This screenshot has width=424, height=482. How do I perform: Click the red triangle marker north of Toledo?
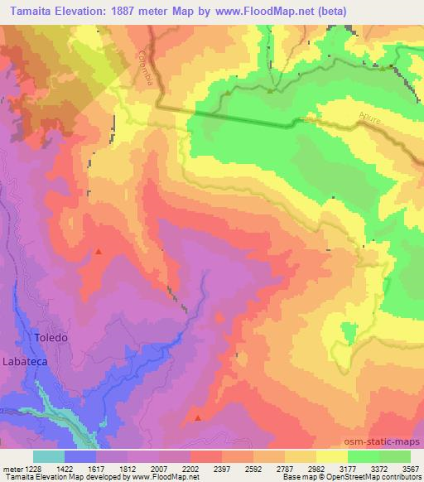click(x=99, y=251)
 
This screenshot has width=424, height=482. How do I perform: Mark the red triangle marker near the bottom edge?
click(x=197, y=417)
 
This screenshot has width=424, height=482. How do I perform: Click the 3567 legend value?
click(x=410, y=468)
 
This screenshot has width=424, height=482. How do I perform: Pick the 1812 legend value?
click(x=127, y=468)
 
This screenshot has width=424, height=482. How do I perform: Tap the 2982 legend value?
click(x=315, y=468)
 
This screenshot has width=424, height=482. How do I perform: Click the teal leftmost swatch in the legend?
click(x=48, y=456)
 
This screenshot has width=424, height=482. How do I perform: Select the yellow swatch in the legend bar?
click(x=331, y=456)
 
